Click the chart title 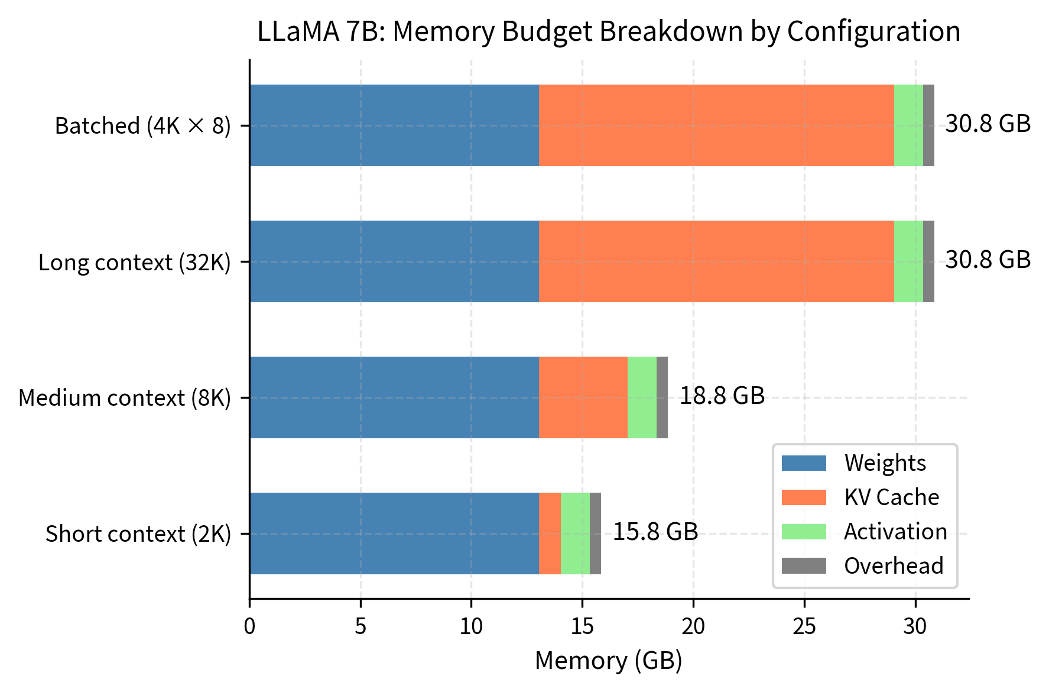coord(609,31)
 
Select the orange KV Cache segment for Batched coord(716,125)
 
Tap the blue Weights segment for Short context coord(394,533)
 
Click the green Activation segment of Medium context coord(642,397)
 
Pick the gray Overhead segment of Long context coord(928,261)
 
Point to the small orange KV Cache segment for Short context coord(550,533)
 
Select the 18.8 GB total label coord(722,396)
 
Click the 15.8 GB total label coord(655,532)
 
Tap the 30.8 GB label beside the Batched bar coord(988,124)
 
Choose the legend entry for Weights coord(885,463)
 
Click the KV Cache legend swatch coord(804,497)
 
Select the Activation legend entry coord(895,532)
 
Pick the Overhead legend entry coord(893,566)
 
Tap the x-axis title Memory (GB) coord(609,661)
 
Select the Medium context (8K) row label coord(125,398)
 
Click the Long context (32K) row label coord(135,262)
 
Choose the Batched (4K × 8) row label coord(143,126)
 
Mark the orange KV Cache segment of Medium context coord(583,397)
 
